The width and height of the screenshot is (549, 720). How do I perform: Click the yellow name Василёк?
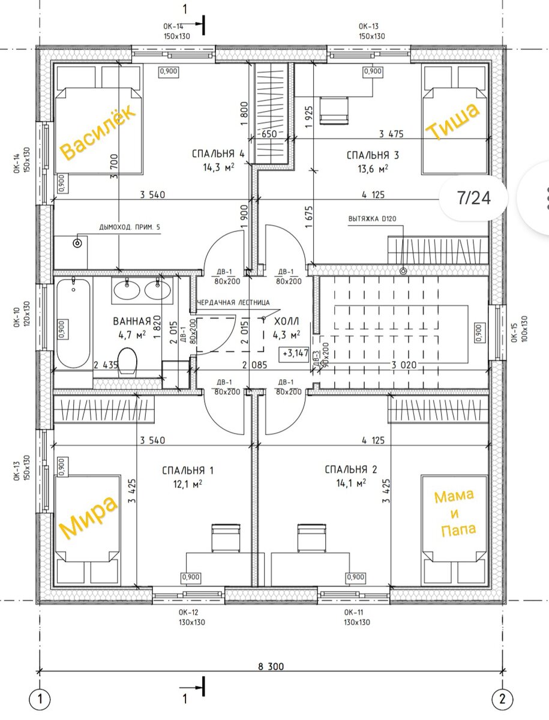pyautogui.click(x=98, y=132)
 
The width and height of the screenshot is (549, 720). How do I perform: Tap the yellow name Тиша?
pyautogui.click(x=452, y=121)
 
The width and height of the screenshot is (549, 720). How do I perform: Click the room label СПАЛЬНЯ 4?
pyautogui.click(x=218, y=154)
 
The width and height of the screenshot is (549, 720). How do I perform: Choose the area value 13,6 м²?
pyautogui.click(x=373, y=169)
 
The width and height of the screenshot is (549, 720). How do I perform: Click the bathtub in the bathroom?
pyautogui.click(x=73, y=323)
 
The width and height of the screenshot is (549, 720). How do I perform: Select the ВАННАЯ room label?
pyautogui.click(x=132, y=321)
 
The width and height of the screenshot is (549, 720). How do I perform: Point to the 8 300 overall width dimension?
pyautogui.click(x=271, y=666)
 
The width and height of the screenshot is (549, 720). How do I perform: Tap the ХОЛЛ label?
pyautogui.click(x=287, y=321)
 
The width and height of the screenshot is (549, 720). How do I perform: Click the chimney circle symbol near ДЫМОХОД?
pyautogui.click(x=78, y=243)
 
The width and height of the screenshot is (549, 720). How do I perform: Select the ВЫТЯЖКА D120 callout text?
pyautogui.click(x=372, y=218)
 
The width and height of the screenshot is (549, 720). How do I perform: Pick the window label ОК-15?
pyautogui.click(x=514, y=328)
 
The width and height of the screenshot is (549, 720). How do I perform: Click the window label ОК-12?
pyautogui.click(x=188, y=612)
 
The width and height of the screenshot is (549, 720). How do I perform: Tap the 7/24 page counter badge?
pyautogui.click(x=473, y=198)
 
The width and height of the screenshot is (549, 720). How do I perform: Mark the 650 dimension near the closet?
pyautogui.click(x=269, y=134)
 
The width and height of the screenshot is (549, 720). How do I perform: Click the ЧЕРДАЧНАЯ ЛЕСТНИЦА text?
pyautogui.click(x=233, y=302)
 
